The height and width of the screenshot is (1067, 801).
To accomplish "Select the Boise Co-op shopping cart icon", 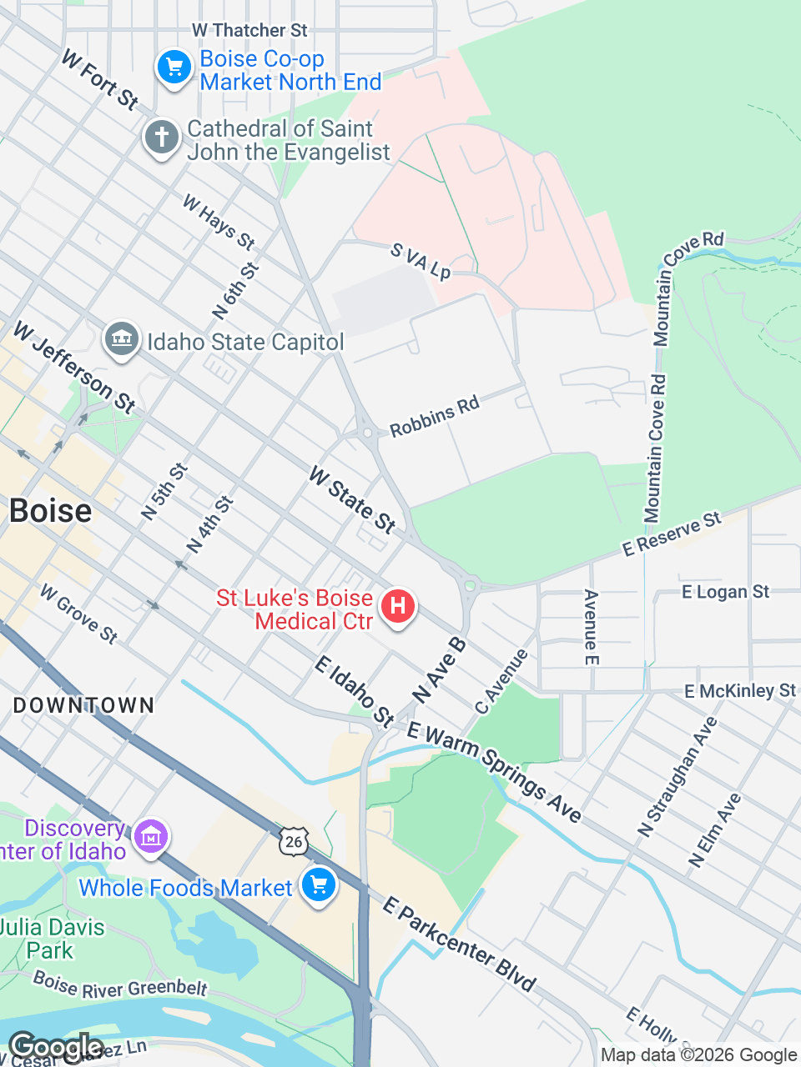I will (x=174, y=68).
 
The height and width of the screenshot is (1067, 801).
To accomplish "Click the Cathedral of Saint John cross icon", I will (x=162, y=137).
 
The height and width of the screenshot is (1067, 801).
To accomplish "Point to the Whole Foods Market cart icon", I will (x=319, y=885).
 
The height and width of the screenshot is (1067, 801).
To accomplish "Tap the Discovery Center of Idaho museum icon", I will (x=151, y=836).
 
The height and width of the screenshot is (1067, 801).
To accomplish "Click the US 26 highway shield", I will (x=294, y=842).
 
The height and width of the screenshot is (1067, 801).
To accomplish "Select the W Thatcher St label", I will (x=249, y=30).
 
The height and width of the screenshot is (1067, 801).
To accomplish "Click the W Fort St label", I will (x=100, y=80).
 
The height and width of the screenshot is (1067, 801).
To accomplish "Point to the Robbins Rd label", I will (x=435, y=416).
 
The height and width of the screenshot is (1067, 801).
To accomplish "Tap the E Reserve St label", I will (x=672, y=534).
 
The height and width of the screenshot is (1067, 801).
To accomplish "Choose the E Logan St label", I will (x=725, y=592).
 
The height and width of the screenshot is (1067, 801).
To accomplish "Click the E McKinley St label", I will (x=740, y=690).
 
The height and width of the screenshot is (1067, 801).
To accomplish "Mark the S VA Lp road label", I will (x=421, y=261).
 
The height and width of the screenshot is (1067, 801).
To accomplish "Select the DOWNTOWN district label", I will (x=84, y=705).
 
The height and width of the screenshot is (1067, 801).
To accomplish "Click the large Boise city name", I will (x=50, y=511).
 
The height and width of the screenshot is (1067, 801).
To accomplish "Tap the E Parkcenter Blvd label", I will (x=459, y=944).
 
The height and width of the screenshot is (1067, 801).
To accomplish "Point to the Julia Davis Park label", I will (x=52, y=939).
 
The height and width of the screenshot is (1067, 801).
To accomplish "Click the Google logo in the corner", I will (x=55, y=1047).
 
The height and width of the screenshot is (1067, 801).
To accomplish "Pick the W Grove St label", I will (x=79, y=614).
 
